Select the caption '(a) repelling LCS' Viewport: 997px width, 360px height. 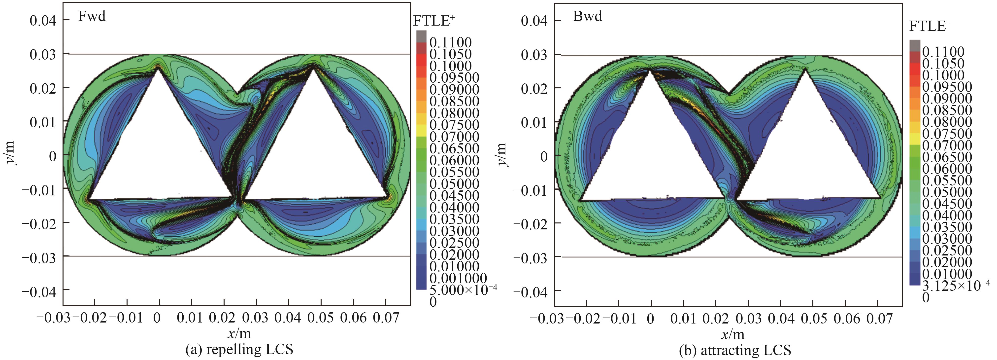pos(239,350)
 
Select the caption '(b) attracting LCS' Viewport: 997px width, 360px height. pos(734,350)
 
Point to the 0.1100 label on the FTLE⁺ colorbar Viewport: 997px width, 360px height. pos(450,42)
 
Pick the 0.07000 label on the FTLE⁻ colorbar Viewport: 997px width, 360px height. pos(947,145)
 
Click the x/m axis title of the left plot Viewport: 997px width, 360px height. pos(239,333)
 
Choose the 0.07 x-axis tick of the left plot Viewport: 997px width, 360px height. pos(386,318)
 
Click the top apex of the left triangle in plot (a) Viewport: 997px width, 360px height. pos(158,67)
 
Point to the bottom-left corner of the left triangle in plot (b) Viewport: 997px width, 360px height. pos(580,201)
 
